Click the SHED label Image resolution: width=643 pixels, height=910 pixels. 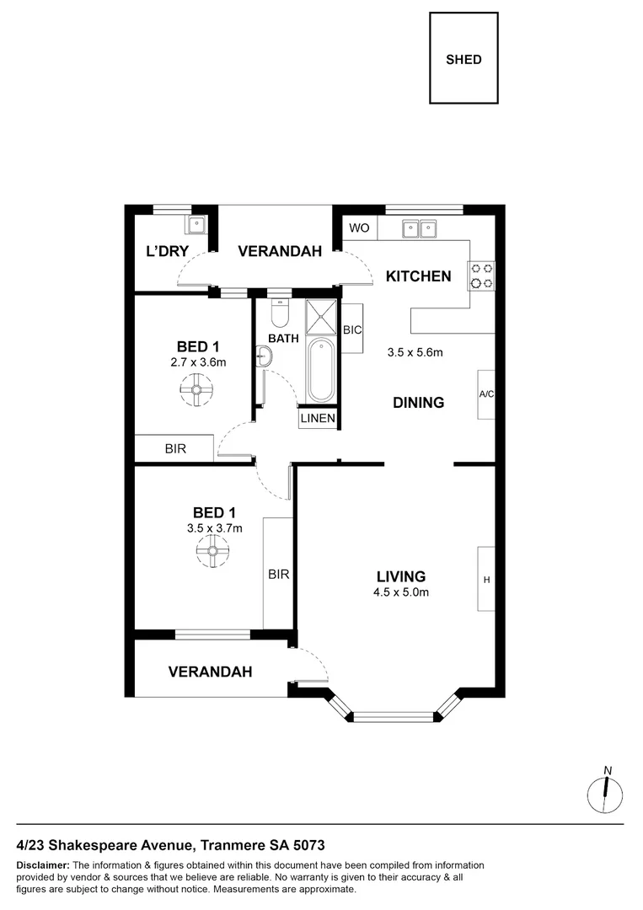point(463,60)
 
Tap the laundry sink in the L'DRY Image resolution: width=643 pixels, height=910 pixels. point(196,225)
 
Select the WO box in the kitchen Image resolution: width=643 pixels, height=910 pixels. point(360,228)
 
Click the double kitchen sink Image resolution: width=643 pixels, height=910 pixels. point(419,227)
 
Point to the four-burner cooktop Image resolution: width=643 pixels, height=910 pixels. point(482,275)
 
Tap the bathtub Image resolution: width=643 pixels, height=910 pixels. point(320,371)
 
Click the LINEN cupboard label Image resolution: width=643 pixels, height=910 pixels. point(319,419)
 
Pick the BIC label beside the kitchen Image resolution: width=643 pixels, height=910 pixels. point(352,330)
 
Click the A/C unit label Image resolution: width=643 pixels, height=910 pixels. point(486,393)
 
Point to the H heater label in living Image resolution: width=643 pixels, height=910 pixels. point(486,579)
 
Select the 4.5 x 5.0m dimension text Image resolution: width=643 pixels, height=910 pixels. point(402,592)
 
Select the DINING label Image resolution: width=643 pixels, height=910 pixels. point(419,403)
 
